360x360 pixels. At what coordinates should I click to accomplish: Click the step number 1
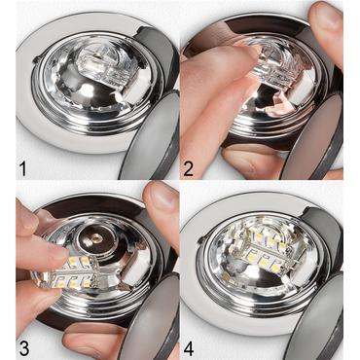(x=21, y=167)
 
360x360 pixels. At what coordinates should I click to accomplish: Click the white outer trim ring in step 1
(x=39, y=117)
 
